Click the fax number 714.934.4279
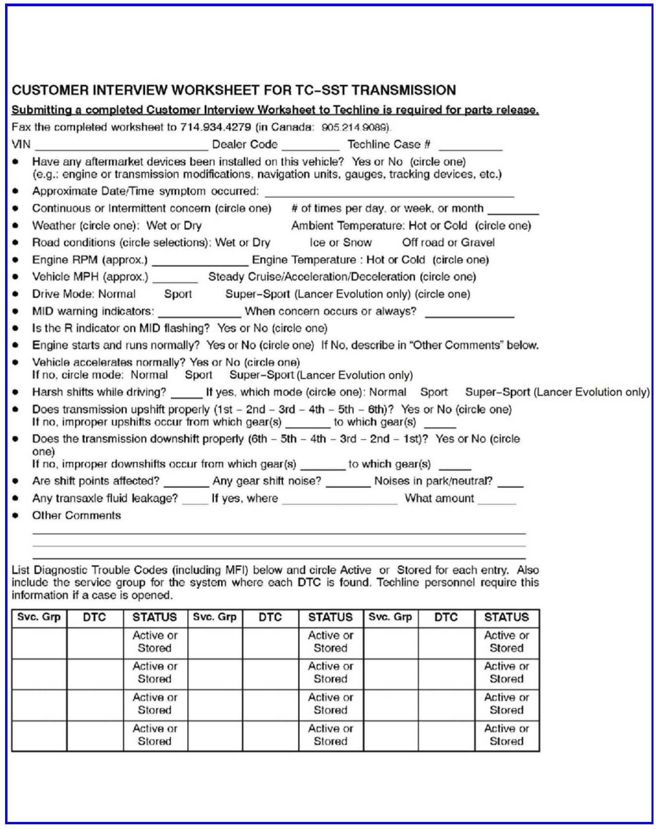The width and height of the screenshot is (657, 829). pyautogui.click(x=216, y=128)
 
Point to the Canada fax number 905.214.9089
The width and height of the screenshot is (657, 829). pyautogui.click(x=355, y=128)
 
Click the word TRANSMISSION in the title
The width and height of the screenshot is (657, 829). pyautogui.click(x=403, y=90)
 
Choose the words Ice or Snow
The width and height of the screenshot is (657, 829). pyautogui.click(x=340, y=242)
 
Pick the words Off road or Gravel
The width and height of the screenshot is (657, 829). pyautogui.click(x=448, y=242)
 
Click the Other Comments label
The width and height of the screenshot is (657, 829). pyautogui.click(x=77, y=516)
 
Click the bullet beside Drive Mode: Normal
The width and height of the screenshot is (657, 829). pyautogui.click(x=15, y=294)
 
